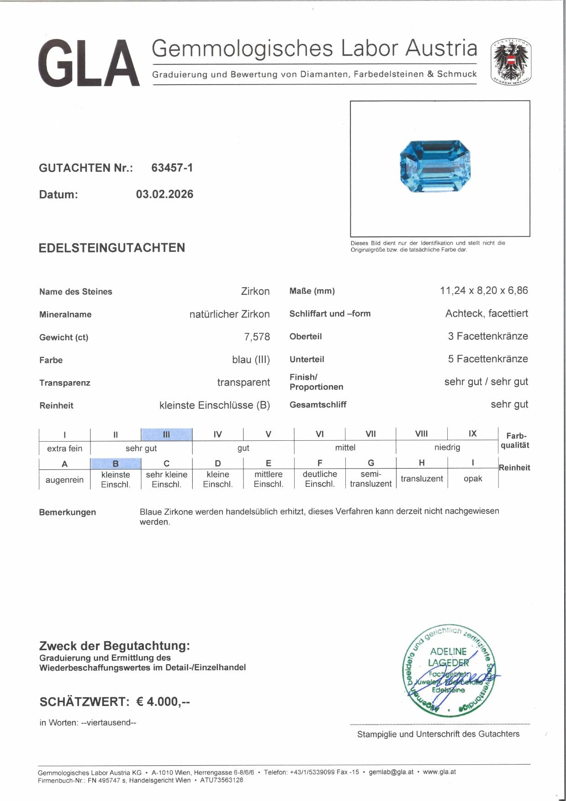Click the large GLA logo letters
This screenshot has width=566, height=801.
click(89, 63)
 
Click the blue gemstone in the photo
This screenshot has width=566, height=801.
click(435, 166)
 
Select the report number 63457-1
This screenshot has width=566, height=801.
click(172, 168)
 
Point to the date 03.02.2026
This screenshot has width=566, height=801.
click(164, 194)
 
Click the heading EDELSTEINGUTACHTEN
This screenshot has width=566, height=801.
click(112, 248)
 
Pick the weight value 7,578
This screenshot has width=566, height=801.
click(257, 337)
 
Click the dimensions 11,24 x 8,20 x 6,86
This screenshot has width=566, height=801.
click(484, 290)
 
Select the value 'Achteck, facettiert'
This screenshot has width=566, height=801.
click(487, 313)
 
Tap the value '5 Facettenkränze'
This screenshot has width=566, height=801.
click(487, 359)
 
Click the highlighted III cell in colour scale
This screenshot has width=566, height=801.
click(166, 434)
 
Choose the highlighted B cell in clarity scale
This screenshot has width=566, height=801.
click(116, 464)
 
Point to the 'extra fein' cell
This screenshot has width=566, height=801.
click(64, 449)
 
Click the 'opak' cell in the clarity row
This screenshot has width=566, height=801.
click(473, 479)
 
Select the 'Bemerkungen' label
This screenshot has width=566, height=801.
click(68, 512)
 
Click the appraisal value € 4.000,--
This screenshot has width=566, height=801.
click(163, 701)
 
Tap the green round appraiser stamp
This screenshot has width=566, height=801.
click(448, 670)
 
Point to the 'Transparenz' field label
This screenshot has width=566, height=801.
click(65, 383)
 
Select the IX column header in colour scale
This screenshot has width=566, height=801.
click(472, 433)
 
